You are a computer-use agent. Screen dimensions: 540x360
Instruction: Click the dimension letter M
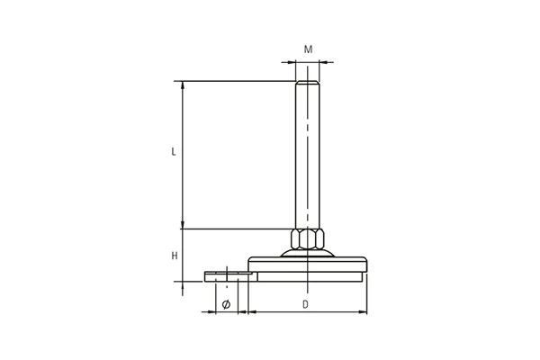tap(308, 49)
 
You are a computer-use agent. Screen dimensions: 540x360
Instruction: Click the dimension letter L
tap(174, 151)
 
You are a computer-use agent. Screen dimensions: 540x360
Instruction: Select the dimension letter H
tap(175, 256)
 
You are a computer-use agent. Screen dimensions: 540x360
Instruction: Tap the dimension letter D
tap(305, 304)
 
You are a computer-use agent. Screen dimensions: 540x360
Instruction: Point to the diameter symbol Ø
tap(226, 304)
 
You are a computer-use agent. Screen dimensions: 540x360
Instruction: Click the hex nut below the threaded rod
tap(308, 238)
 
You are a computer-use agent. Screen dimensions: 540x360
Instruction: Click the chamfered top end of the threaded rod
tap(308, 82)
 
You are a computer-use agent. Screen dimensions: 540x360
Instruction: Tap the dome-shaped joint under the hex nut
tap(308, 253)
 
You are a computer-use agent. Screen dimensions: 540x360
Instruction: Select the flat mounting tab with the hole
tap(229, 276)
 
